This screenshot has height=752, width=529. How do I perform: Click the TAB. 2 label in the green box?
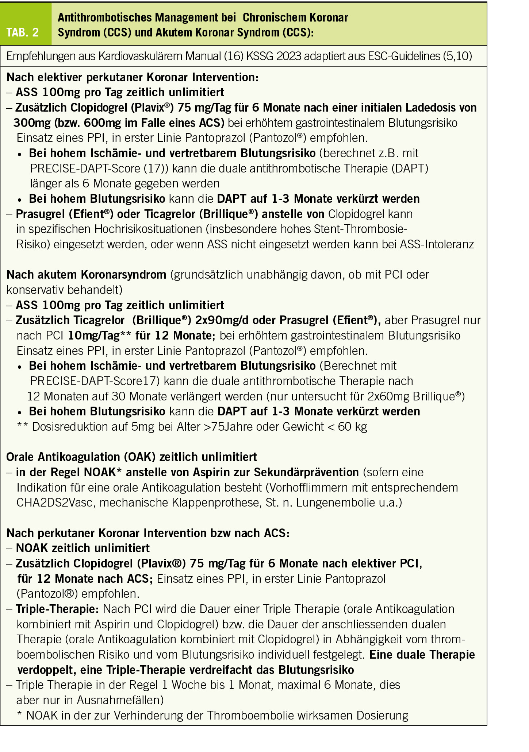[x=22, y=32]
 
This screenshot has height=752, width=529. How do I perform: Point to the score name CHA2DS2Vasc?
[x=55, y=503]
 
